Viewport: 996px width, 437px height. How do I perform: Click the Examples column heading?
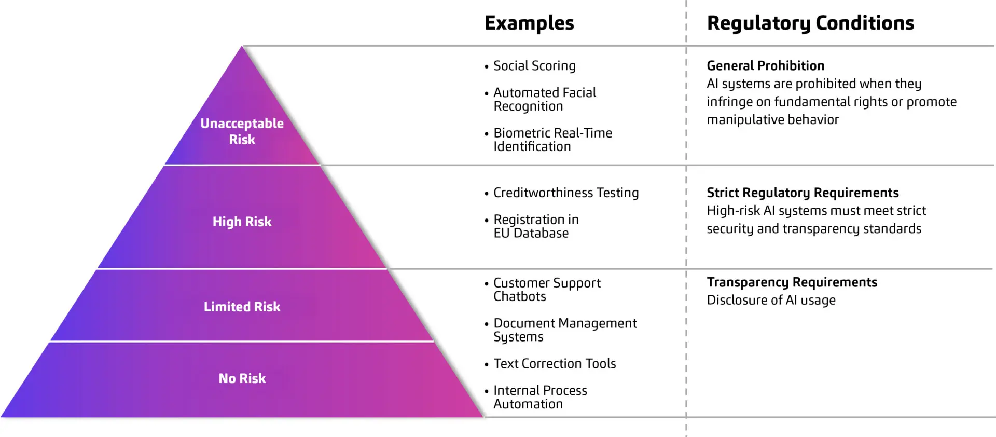529,23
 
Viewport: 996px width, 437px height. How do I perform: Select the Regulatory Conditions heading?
810,23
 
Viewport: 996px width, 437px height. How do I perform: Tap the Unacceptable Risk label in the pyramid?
242,131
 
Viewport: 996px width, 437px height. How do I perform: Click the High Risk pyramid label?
242,222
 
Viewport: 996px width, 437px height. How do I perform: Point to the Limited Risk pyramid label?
242,307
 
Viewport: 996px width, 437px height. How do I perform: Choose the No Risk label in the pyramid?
242,378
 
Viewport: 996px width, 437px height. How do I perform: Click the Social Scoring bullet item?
534,66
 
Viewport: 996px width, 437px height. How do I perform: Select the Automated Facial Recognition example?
544,99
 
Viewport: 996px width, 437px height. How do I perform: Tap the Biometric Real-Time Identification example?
552,140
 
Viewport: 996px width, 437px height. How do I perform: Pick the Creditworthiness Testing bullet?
565,193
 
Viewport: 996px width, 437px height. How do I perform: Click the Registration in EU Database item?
535,226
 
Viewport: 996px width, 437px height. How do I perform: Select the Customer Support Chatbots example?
546,290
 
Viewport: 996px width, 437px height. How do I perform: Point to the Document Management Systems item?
564,330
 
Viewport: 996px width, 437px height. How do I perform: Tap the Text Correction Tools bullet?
554,364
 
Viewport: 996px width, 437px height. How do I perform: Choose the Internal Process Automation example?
539,397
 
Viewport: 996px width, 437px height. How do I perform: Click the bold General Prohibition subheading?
765,66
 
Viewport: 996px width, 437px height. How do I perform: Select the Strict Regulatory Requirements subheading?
802,193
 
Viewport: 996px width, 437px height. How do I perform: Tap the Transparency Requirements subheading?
792,282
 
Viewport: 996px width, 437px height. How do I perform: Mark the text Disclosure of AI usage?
771,300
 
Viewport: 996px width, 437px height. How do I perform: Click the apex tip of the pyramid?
242,48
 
